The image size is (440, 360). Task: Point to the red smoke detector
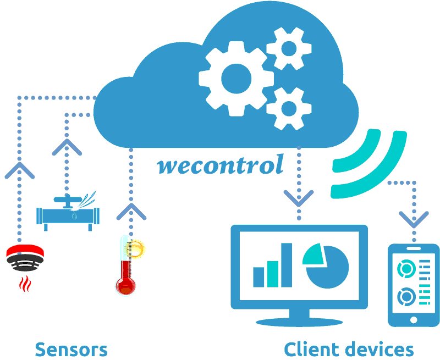(x=25, y=258)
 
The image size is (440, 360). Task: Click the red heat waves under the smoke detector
(x=24, y=284)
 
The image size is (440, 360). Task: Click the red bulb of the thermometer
(x=125, y=285)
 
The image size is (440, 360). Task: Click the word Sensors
(x=71, y=349)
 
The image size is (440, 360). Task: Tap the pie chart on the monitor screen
(x=327, y=266)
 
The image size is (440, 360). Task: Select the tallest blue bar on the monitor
(x=287, y=265)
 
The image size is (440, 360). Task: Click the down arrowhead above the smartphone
(x=414, y=219)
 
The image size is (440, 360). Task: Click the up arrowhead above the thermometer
(x=131, y=211)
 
